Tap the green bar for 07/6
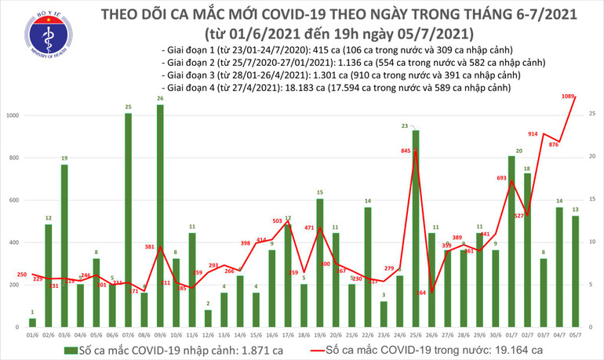(x=128, y=220)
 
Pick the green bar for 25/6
(x=416, y=228)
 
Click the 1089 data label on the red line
(x=570, y=96)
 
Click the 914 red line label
(x=532, y=134)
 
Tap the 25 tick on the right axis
(x=591, y=115)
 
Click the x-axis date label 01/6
(x=32, y=333)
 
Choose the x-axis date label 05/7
(x=577, y=333)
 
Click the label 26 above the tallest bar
(x=160, y=98)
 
